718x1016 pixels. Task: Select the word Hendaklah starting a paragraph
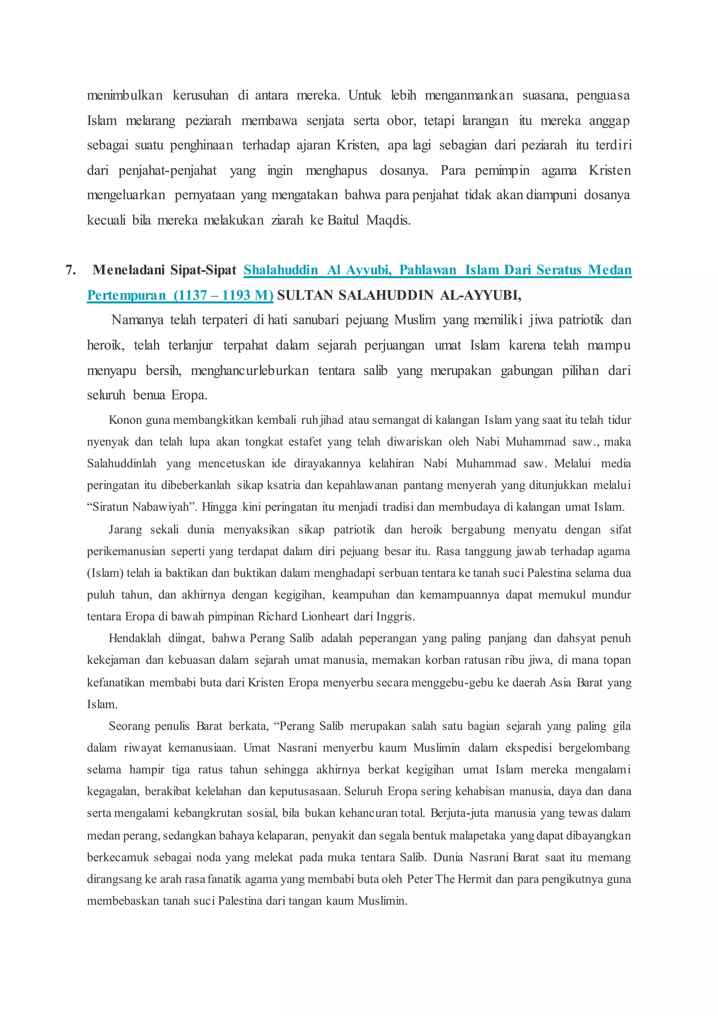tap(135, 638)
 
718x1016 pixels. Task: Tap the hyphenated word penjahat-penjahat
tap(168, 171)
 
